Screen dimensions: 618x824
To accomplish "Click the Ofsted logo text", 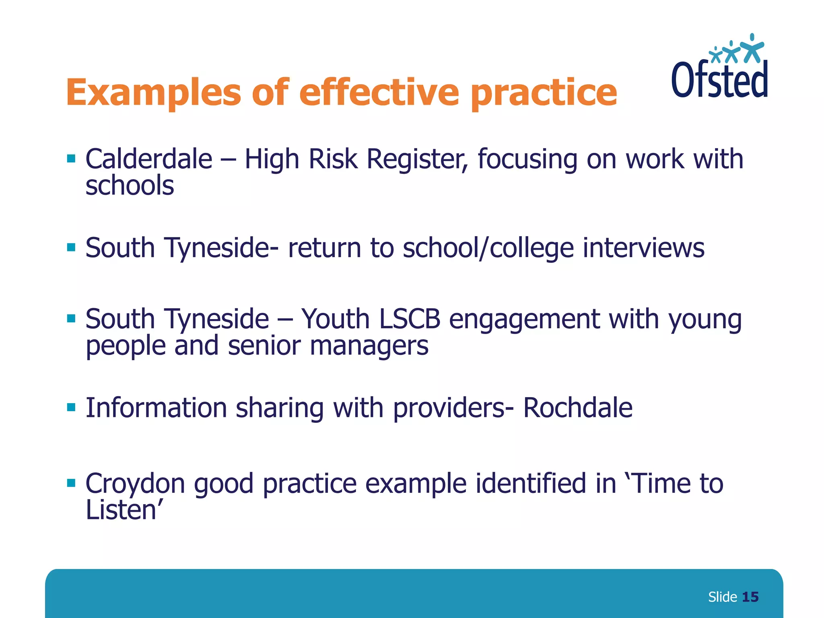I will tap(719, 80).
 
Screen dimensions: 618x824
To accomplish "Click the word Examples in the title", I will tap(153, 93).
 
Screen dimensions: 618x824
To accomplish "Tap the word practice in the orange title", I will tap(544, 93).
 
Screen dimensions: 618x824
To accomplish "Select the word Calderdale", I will tap(149, 159).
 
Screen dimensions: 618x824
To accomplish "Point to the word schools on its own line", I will tap(130, 186).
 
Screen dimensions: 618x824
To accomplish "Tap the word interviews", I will tap(643, 248).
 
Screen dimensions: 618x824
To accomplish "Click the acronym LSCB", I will tap(409, 319).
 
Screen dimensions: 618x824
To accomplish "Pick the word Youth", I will tap(335, 319).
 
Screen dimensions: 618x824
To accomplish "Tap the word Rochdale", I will tap(577, 408).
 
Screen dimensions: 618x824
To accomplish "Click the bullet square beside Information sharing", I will tap(71, 407).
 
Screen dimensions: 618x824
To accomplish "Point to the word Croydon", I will tap(135, 484).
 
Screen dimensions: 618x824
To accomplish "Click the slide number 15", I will tap(750, 597).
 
